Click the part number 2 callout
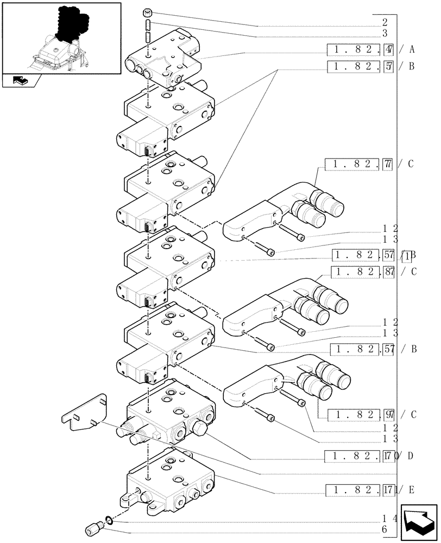[385, 23]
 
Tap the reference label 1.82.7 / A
[371, 50]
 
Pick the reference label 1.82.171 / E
[370, 491]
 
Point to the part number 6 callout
[385, 529]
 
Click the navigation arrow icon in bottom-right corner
[419, 522]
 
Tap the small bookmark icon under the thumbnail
[21, 81]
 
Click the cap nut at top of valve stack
[147, 14]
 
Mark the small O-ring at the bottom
[109, 521]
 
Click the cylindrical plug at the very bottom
[94, 528]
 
